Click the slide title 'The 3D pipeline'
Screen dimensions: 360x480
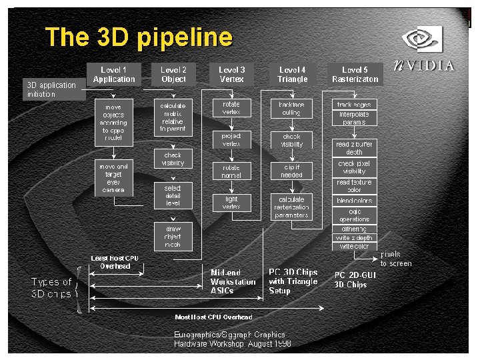[139, 37]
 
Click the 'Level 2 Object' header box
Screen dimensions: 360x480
[173, 74]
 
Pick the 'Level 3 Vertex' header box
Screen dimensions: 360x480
[231, 74]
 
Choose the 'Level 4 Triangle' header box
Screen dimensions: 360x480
[292, 74]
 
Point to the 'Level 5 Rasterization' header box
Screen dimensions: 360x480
[355, 74]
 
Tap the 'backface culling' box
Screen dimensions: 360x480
[291, 109]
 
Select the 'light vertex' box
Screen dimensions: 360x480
[231, 203]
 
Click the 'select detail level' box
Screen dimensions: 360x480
[173, 195]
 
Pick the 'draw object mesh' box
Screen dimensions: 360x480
[173, 237]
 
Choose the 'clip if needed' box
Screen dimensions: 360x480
[291, 171]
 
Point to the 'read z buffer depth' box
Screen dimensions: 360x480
[355, 147]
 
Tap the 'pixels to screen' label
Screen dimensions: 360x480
[395, 259]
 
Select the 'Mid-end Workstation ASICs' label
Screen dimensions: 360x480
[233, 281]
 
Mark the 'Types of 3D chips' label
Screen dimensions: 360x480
[51, 288]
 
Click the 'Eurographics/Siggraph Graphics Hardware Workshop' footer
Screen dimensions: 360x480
[232, 339]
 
